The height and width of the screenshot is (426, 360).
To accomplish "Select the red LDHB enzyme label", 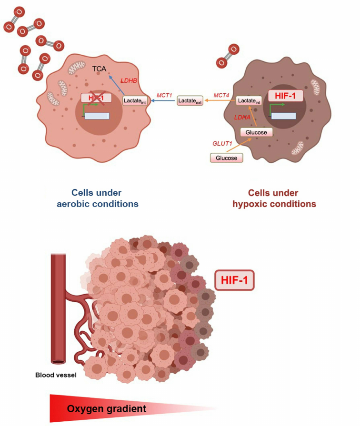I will pyautogui.click(x=129, y=81).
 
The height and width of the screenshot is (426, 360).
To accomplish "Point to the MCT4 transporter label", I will pyautogui.click(x=221, y=95).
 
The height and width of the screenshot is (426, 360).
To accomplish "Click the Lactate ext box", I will pyautogui.click(x=190, y=100).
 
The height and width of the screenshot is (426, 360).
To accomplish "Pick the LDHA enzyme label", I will pyautogui.click(x=243, y=117).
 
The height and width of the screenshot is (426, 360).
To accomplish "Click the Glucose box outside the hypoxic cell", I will pyautogui.click(x=226, y=157).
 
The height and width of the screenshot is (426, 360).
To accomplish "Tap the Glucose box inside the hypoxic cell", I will pyautogui.click(x=257, y=132).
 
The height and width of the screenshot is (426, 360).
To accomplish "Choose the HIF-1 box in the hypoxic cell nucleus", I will pyautogui.click(x=285, y=96).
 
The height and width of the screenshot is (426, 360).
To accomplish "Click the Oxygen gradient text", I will pyautogui.click(x=106, y=408).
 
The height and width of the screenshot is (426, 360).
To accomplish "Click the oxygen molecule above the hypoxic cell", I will pyautogui.click(x=228, y=56).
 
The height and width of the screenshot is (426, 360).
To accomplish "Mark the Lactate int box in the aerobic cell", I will pyautogui.click(x=134, y=100).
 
